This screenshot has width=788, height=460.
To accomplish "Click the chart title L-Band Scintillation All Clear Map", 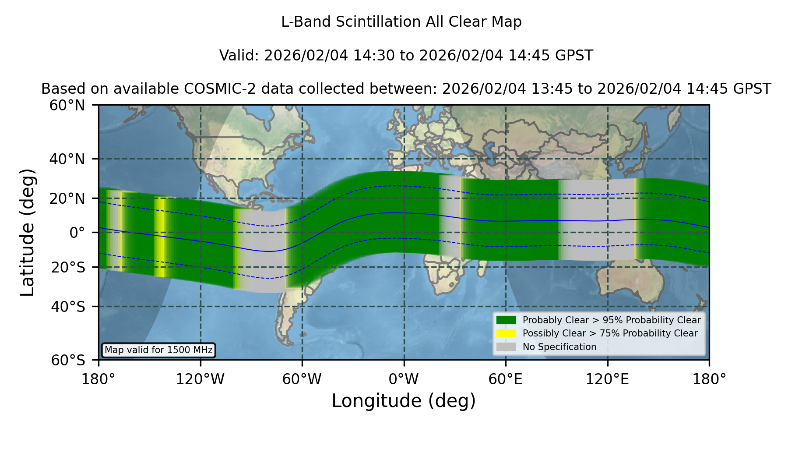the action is pyautogui.click(x=401, y=22).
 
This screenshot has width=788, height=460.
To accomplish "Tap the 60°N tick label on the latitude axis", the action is pyautogui.click(x=67, y=106).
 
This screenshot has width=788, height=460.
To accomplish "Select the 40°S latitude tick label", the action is pyautogui.click(x=68, y=307).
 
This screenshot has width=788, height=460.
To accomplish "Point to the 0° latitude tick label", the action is pyautogui.click(x=77, y=233).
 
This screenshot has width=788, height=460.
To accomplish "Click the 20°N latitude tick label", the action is pyautogui.click(x=67, y=198).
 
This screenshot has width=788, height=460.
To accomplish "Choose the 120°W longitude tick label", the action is pyautogui.click(x=200, y=379).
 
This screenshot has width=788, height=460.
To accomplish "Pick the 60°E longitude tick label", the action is pyautogui.click(x=506, y=379).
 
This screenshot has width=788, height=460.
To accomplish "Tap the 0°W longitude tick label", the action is pyautogui.click(x=404, y=379).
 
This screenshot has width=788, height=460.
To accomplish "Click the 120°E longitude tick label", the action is pyautogui.click(x=607, y=379).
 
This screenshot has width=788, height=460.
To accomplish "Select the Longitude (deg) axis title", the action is pyautogui.click(x=404, y=401).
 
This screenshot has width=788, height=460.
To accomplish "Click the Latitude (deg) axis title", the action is pyautogui.click(x=27, y=232).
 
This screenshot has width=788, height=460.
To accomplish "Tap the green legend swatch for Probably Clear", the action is pyautogui.click(x=506, y=320).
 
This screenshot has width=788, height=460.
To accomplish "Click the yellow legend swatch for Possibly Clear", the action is pyautogui.click(x=506, y=333).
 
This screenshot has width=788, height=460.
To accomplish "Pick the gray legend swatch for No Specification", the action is pyautogui.click(x=506, y=347).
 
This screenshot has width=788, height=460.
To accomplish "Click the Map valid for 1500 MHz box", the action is pyautogui.click(x=158, y=350).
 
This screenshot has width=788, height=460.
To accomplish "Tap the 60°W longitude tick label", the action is pyautogui.click(x=302, y=379).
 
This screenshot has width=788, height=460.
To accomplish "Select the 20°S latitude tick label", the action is pyautogui.click(x=68, y=267).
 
